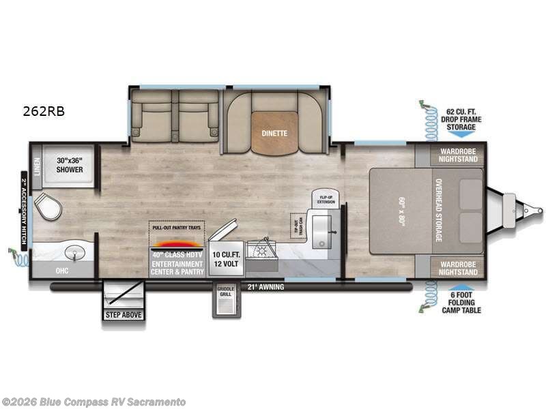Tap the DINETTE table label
(273, 134)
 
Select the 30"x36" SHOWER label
(69, 165)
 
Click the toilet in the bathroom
(46, 207)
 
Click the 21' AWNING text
(265, 287)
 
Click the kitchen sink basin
(320, 232)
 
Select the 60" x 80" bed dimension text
(400, 211)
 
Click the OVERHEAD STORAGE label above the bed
(438, 211)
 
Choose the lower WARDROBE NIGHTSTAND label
(457, 267)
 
